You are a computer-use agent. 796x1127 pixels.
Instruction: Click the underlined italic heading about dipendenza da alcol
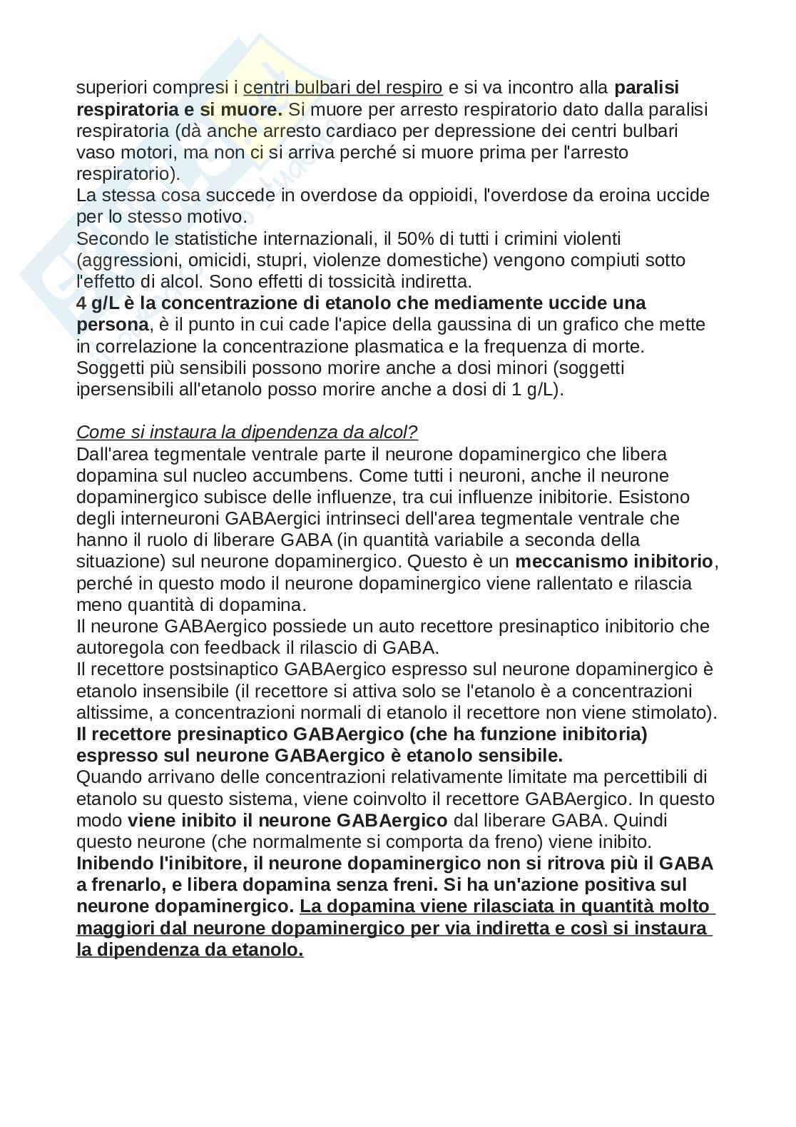coord(247,433)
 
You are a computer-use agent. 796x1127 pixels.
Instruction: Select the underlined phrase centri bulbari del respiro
coord(342,88)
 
